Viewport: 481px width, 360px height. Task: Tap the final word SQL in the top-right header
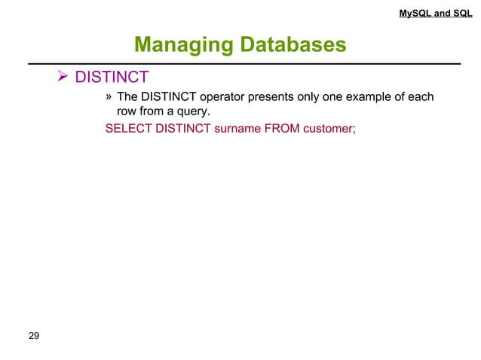[463, 13]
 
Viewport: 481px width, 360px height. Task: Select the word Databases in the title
[293, 46]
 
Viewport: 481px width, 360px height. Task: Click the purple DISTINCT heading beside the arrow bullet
[113, 78]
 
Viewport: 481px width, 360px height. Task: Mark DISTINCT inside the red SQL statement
[182, 129]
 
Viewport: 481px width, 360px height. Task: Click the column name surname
[238, 129]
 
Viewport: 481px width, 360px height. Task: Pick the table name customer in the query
[329, 129]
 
